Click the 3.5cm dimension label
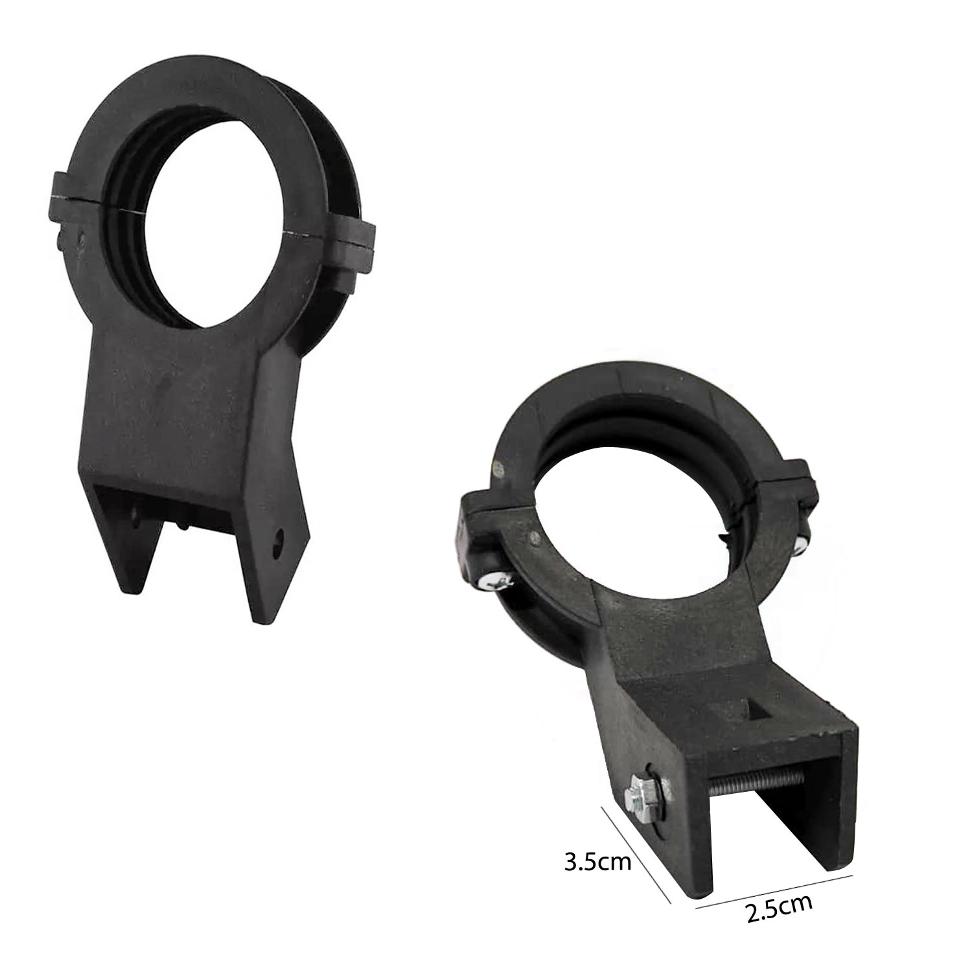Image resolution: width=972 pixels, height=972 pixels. (x=597, y=863)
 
